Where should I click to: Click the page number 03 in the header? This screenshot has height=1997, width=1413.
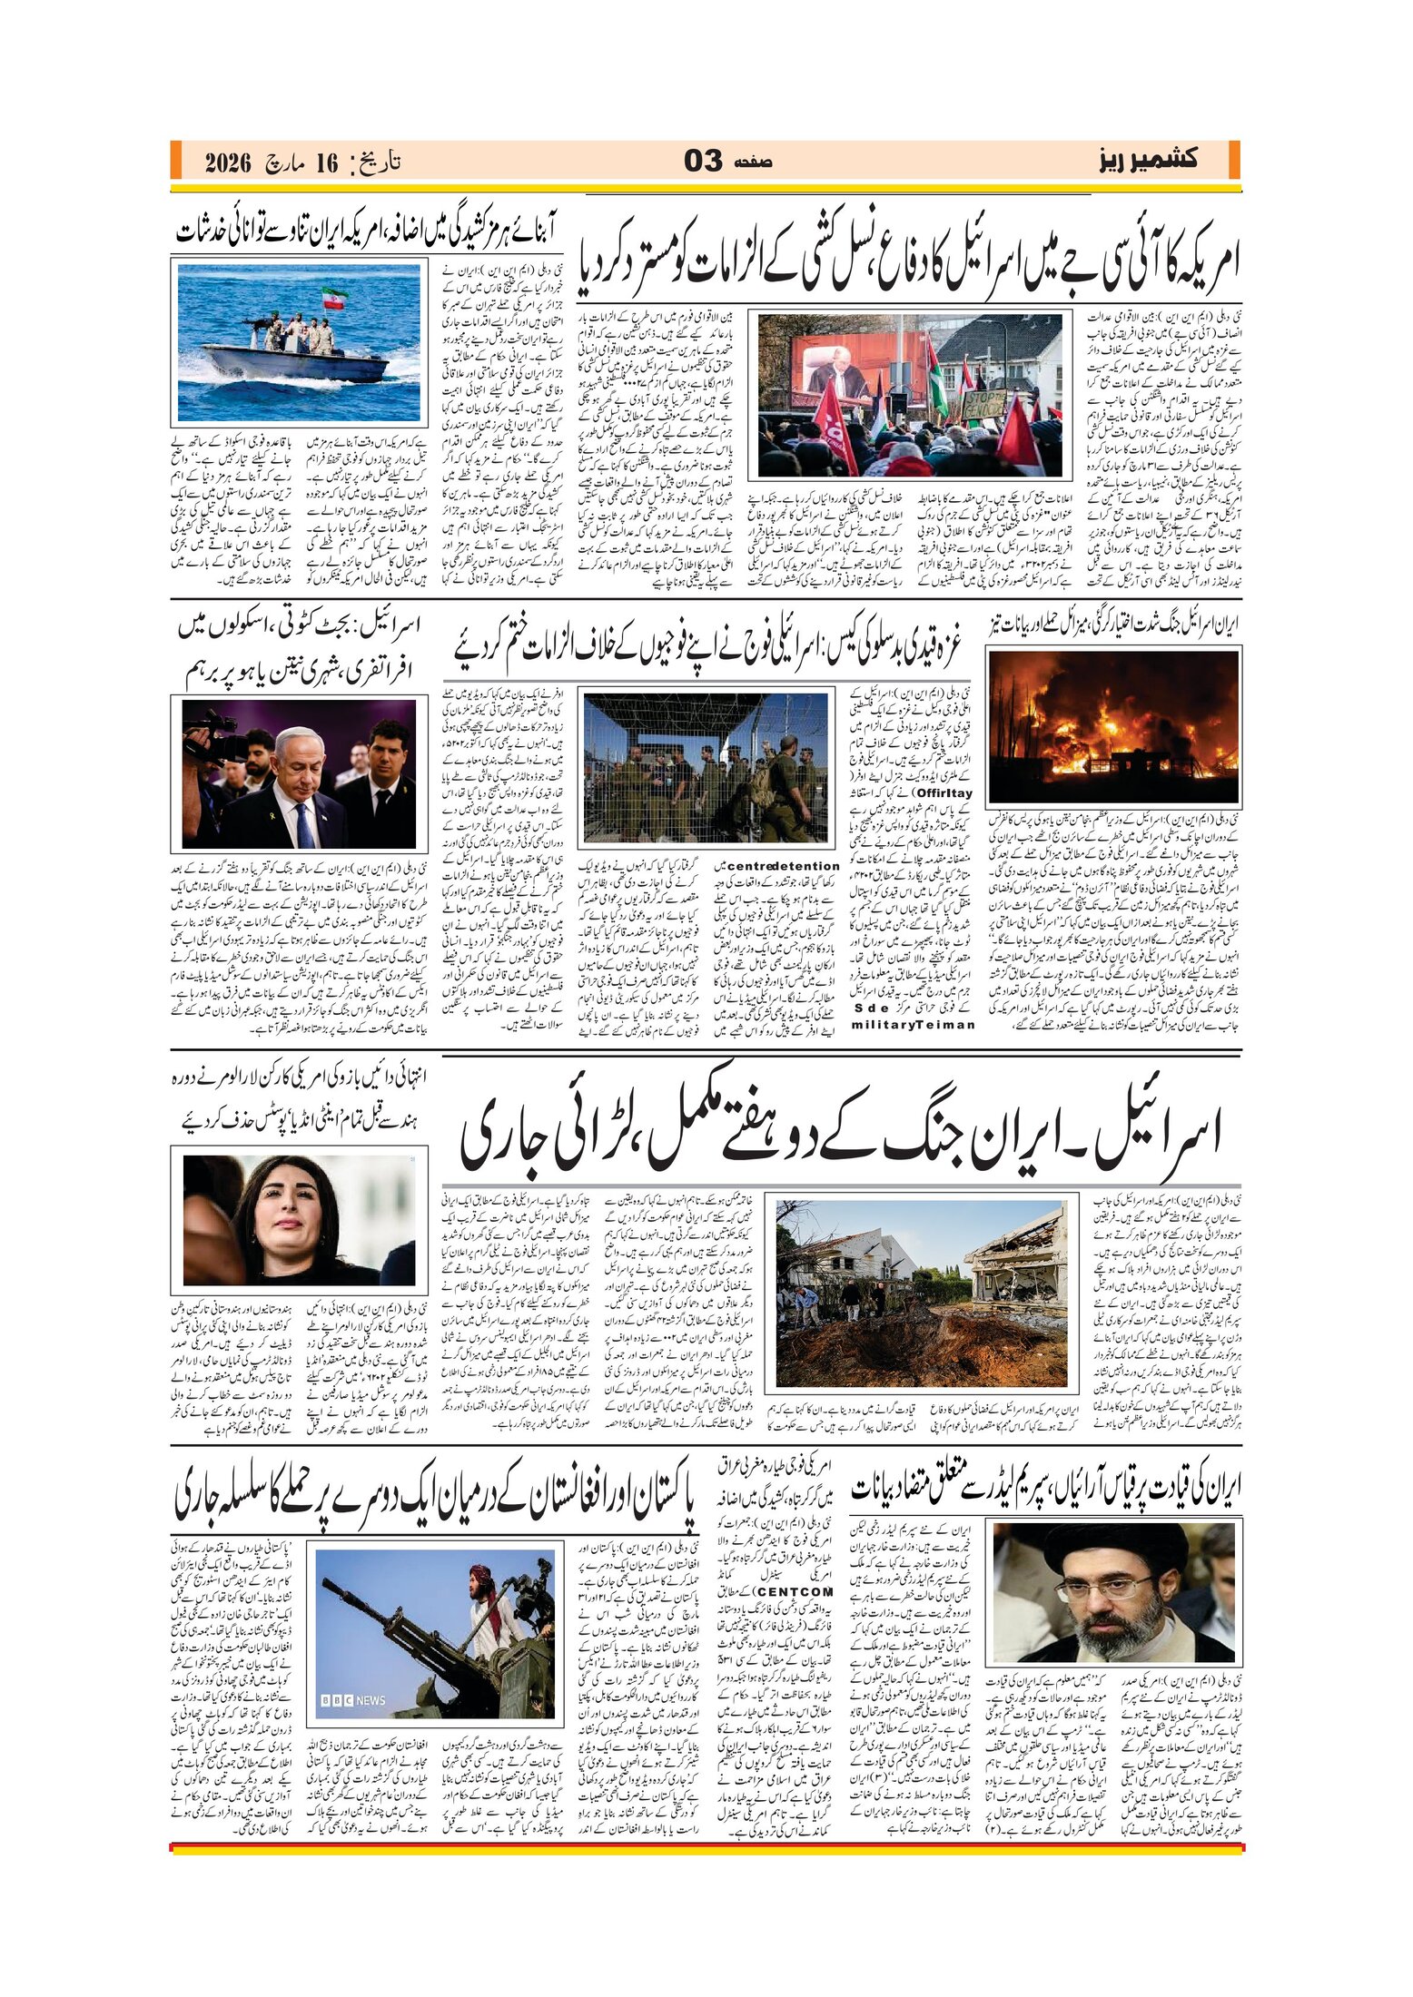[704, 162]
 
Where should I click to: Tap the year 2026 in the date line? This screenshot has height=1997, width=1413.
[227, 163]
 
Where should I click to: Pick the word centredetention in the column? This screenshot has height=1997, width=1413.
[783, 866]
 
